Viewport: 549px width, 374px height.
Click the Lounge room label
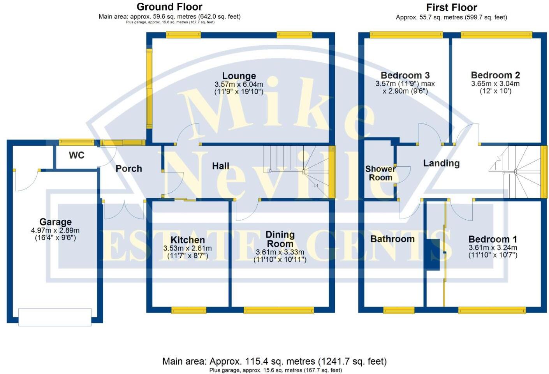click(x=239, y=76)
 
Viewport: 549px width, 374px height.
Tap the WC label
click(x=76, y=155)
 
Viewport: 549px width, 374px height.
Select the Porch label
click(x=128, y=169)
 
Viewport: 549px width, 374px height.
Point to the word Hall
click(x=220, y=166)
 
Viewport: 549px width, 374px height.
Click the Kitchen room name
click(x=187, y=240)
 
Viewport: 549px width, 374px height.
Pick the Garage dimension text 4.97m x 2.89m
click(x=55, y=230)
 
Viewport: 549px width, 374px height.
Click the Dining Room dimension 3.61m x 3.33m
click(x=280, y=252)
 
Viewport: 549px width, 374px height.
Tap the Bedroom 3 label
click(x=405, y=75)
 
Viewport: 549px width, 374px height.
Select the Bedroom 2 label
click(x=495, y=75)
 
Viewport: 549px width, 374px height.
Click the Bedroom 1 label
click(x=493, y=239)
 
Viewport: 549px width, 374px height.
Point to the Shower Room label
click(x=380, y=173)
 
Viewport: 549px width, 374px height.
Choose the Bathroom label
click(x=392, y=239)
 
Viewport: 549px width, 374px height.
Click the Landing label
click(x=441, y=163)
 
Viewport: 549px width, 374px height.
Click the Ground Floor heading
click(x=169, y=7)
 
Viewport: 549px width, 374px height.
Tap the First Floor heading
click(x=451, y=7)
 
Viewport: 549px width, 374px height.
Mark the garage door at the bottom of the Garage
click(x=55, y=317)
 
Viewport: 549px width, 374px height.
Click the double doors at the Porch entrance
click(x=124, y=210)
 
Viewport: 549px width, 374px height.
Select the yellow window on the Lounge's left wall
click(x=149, y=88)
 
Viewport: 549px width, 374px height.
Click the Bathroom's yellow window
click(x=398, y=310)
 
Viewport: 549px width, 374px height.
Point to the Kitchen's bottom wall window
click(x=188, y=310)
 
